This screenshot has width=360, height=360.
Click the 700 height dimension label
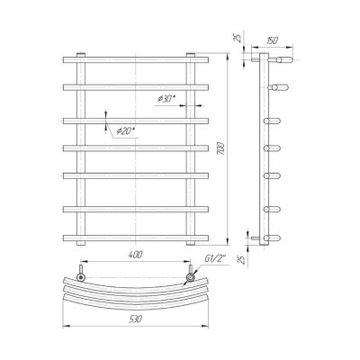tap(221, 148)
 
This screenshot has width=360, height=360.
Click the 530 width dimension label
tap(135, 319)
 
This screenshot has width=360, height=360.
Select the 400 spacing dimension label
tap(136, 255)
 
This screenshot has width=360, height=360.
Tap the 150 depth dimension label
tap(273, 40)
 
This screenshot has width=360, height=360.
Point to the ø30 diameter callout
tap(166, 99)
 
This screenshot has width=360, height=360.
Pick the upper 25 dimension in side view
tap(237, 38)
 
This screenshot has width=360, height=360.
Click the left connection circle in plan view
tap(81, 277)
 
